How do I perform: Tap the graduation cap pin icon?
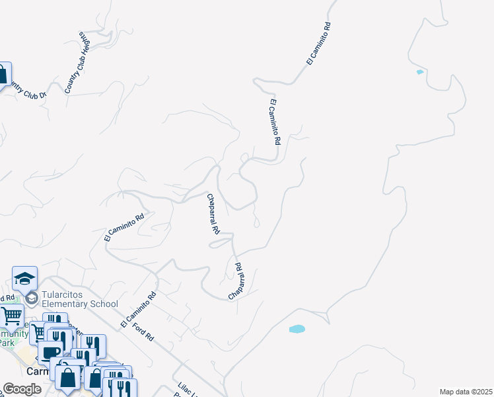[24, 279]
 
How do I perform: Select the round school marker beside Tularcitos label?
[31, 299]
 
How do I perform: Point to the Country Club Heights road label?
[77, 62]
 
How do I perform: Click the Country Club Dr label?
[24, 89]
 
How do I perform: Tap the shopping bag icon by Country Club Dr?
[3, 74]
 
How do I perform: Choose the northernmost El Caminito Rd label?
[318, 43]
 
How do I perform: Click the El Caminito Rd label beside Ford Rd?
[138, 310]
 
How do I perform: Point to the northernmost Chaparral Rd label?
[213, 214]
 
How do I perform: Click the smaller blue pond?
[419, 71]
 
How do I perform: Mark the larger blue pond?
[297, 328]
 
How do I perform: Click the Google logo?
[22, 389]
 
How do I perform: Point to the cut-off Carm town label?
[33, 372]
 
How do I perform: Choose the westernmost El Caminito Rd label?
[124, 227]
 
